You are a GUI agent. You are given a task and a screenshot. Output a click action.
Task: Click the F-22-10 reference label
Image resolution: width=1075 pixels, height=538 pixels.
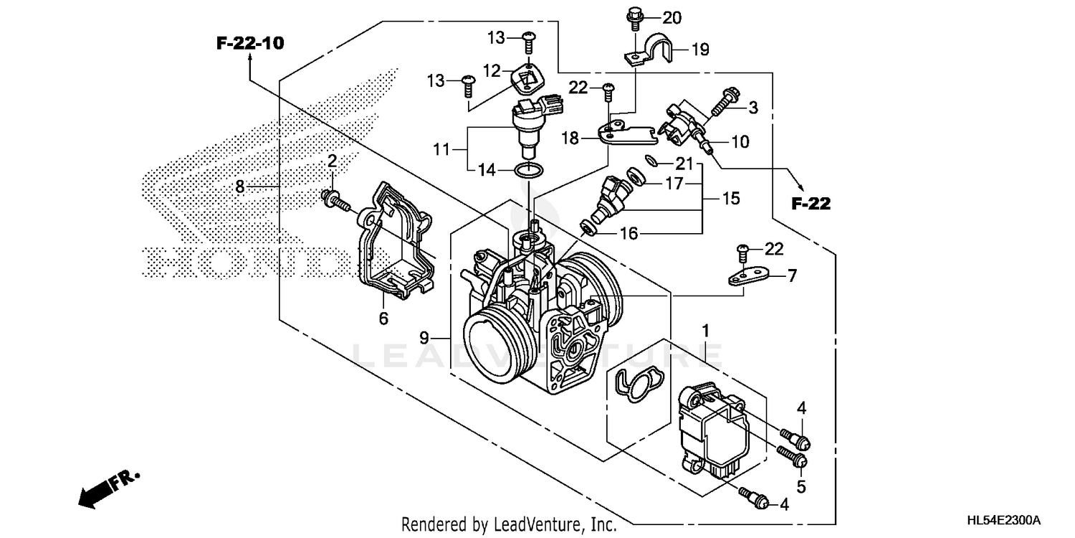[x=250, y=44]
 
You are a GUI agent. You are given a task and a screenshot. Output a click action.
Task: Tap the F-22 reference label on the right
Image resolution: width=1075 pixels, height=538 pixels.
[x=811, y=204]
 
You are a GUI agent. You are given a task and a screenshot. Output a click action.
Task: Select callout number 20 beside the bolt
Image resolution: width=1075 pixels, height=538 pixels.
[x=672, y=17]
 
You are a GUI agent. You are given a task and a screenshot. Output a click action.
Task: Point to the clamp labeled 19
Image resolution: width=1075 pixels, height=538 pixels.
[x=659, y=48]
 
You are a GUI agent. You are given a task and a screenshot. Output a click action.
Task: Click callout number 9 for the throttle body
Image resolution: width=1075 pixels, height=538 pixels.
[x=424, y=336]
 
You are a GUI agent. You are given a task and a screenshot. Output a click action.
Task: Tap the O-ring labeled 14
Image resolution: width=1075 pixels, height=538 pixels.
[x=527, y=170]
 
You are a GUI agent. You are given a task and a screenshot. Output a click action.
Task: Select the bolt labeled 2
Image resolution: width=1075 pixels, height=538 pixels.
[x=336, y=202]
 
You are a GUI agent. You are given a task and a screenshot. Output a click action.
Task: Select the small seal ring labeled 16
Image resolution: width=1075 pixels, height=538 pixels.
[x=586, y=228]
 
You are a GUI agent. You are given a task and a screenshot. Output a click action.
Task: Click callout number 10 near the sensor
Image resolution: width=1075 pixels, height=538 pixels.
[x=740, y=142]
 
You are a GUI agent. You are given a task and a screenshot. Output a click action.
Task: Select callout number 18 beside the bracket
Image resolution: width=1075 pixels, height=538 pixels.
[x=570, y=138]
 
